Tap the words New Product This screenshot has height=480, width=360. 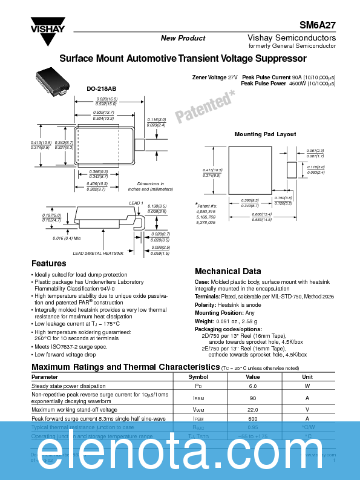(x=183, y=38)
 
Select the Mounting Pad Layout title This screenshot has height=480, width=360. (x=265, y=134)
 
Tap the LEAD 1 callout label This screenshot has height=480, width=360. (x=136, y=203)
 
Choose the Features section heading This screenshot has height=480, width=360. (x=48, y=264)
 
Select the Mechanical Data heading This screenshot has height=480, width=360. (x=227, y=272)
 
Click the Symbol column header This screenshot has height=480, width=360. (x=198, y=376)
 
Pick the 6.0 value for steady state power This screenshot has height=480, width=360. (x=253, y=386)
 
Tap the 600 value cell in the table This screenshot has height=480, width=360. (x=253, y=418)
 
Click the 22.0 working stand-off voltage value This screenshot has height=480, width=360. (x=253, y=410)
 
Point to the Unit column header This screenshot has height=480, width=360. (x=307, y=376)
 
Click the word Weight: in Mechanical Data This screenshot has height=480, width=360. (x=205, y=321)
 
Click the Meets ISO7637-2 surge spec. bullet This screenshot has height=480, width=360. (x=71, y=346)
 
